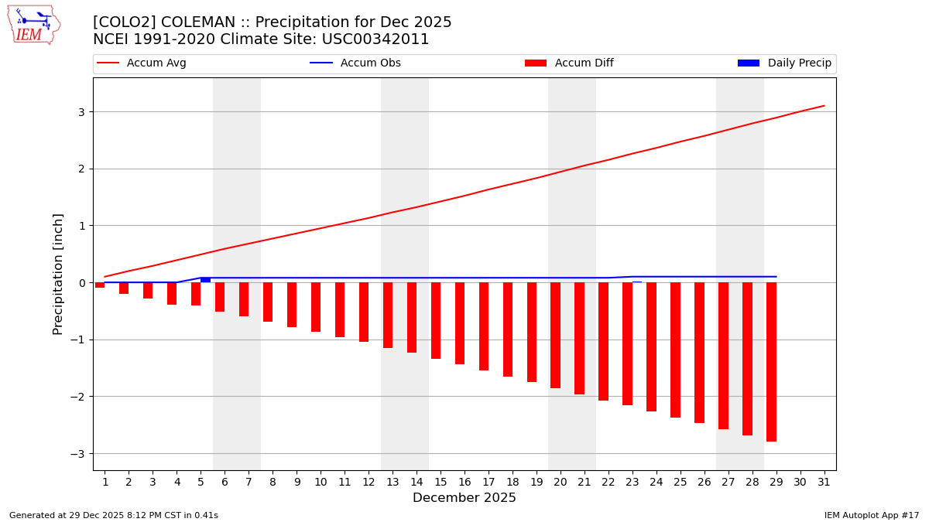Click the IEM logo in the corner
tap(33, 25)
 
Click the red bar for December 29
tap(771, 362)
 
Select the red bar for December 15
tap(436, 320)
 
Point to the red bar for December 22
tap(603, 341)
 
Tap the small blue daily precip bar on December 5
tap(205, 280)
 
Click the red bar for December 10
tap(316, 307)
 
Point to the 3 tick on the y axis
tap(81, 112)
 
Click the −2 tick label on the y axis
tap(77, 397)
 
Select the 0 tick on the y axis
tap(81, 283)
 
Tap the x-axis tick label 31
tap(824, 482)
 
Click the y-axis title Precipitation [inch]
tap(59, 274)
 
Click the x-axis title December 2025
tap(464, 498)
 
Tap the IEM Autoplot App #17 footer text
tap(871, 515)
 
